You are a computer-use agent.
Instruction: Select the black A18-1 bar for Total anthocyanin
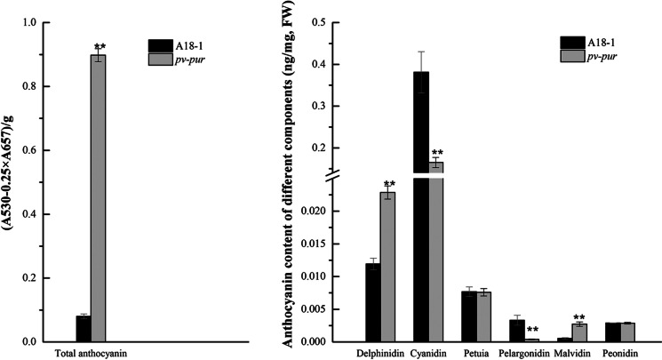83,329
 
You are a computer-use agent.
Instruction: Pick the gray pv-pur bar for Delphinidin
388,267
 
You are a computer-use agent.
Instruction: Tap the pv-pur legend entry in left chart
178,57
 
